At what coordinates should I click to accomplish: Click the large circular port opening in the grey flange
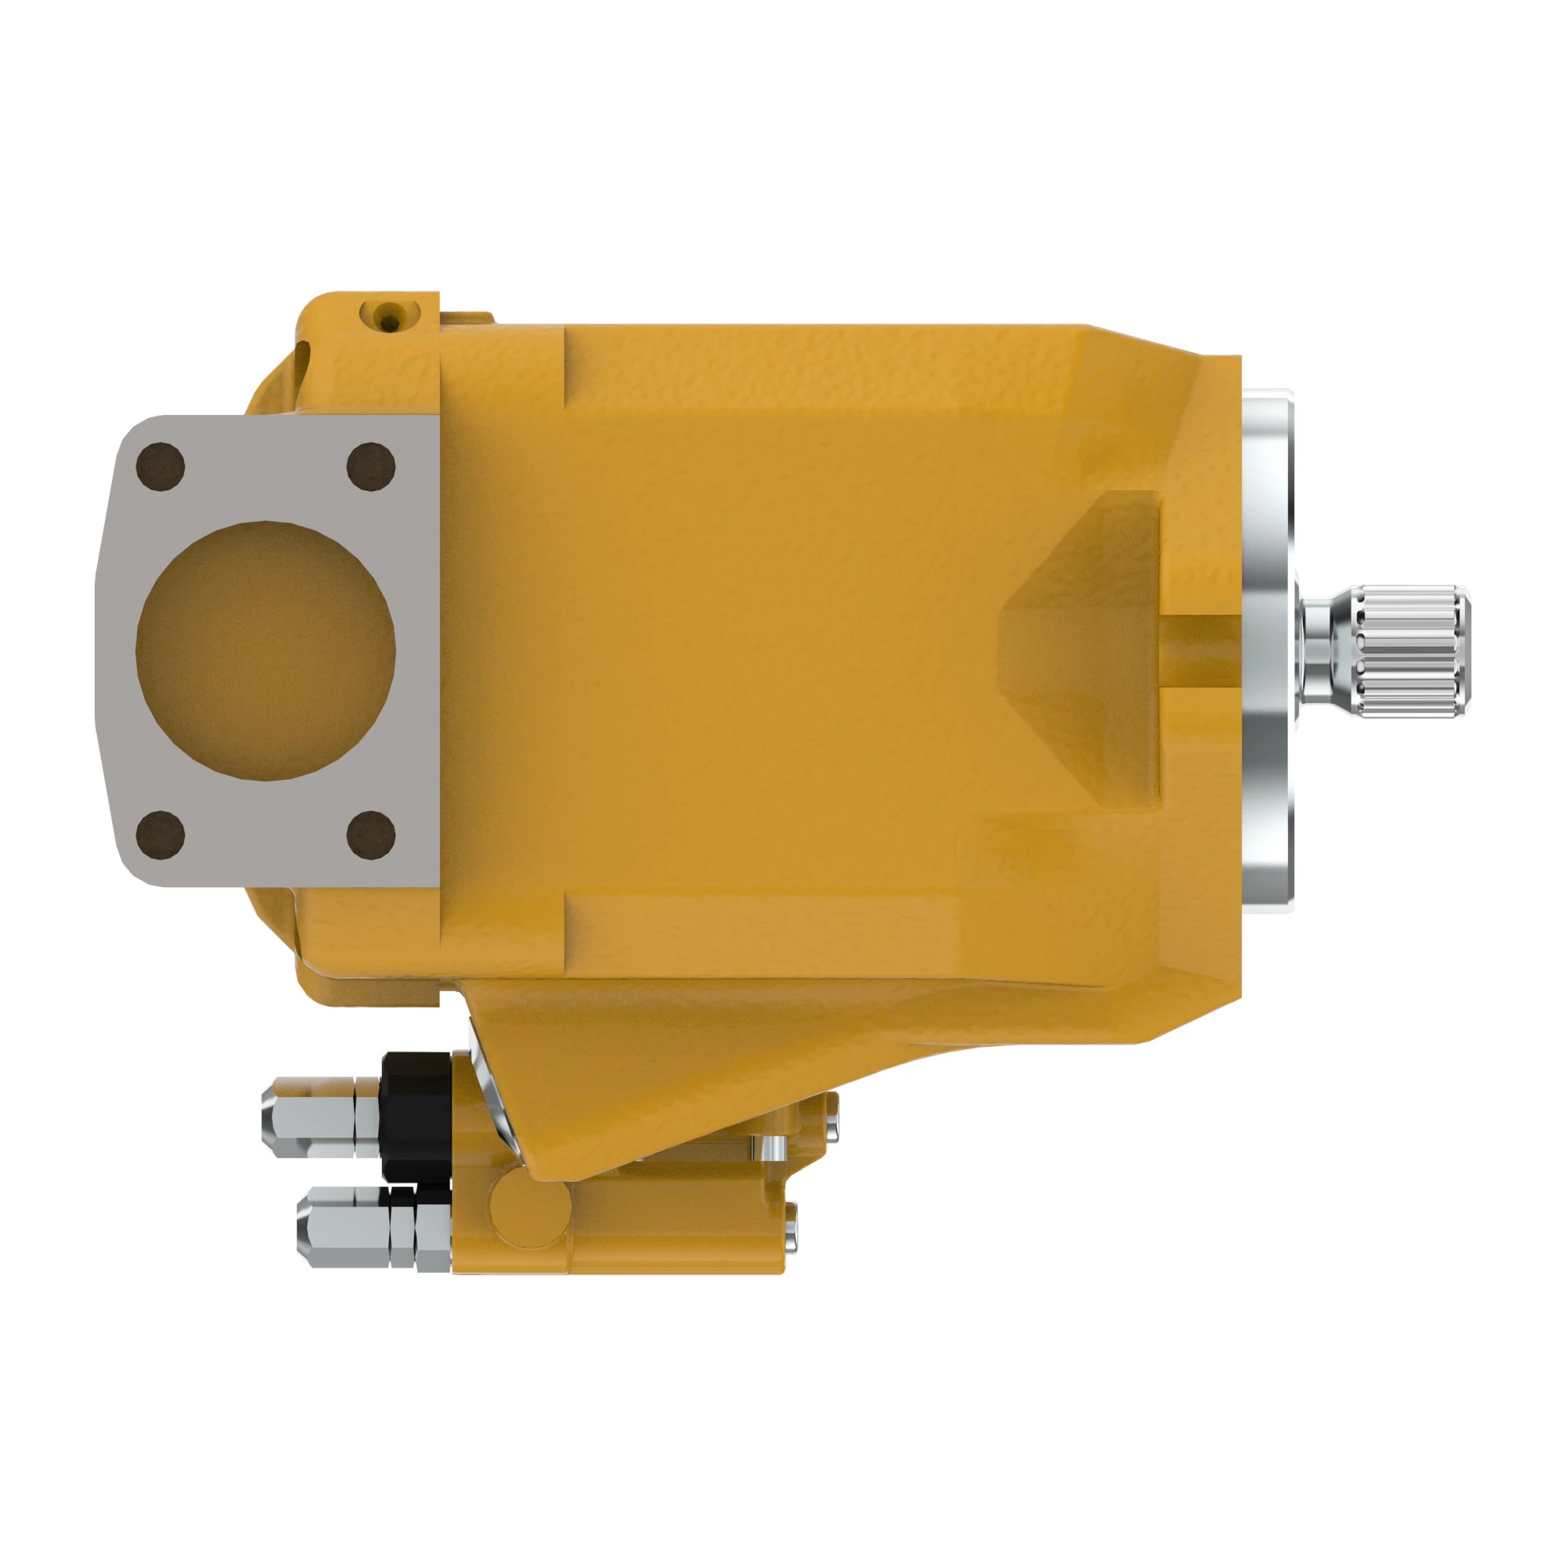[x=266, y=650]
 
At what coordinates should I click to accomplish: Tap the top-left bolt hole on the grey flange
[x=161, y=467]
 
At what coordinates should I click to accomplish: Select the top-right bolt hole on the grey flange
[x=370, y=467]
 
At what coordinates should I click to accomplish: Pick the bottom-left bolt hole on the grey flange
[x=161, y=834]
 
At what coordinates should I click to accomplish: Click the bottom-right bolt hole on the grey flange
[x=370, y=834]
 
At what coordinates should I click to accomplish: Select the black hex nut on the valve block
[x=416, y=1116]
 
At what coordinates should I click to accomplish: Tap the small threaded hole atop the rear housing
[x=390, y=316]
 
